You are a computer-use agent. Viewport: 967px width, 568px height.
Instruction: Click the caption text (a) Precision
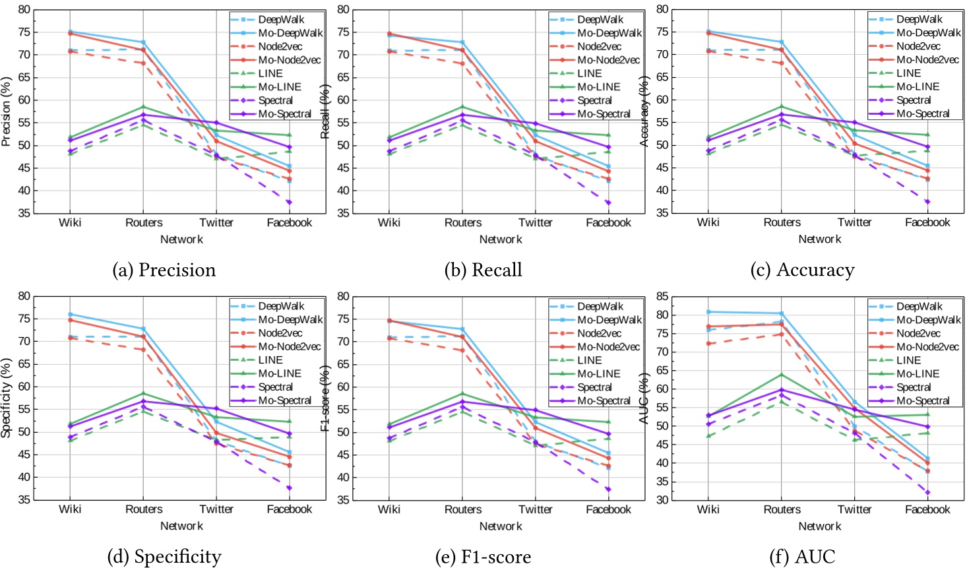(x=164, y=270)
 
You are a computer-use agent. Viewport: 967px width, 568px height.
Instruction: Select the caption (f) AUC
(x=802, y=557)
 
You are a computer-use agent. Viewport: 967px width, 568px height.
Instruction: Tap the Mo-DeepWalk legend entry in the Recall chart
(x=609, y=33)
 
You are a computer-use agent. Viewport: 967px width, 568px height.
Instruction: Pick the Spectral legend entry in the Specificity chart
(x=275, y=387)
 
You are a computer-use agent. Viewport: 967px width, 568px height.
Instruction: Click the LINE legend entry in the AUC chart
(x=908, y=360)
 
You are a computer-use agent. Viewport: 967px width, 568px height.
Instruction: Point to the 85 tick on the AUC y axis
(x=661, y=296)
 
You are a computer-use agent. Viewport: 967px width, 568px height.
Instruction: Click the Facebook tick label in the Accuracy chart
(x=927, y=222)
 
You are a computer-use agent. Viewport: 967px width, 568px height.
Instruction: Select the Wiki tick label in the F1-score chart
(x=389, y=509)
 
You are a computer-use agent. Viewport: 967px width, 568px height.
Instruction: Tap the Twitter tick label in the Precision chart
(x=216, y=222)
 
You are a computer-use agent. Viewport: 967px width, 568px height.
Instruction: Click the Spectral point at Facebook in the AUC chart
(x=927, y=492)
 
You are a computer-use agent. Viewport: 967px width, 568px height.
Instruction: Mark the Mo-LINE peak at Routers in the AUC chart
(x=782, y=375)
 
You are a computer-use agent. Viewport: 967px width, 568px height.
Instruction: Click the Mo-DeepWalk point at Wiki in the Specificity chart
(x=70, y=314)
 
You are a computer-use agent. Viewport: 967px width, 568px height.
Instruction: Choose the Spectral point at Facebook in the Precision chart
(x=289, y=203)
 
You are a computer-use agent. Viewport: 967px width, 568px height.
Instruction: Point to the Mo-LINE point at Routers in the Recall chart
(x=462, y=107)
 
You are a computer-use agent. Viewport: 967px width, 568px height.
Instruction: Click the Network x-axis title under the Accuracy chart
(x=819, y=239)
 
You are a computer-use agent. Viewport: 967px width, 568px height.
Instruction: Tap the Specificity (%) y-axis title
(x=7, y=398)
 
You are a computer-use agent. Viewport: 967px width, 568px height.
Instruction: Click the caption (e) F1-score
(x=483, y=557)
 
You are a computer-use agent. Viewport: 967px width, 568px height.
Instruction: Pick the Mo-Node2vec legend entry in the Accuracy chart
(x=927, y=59)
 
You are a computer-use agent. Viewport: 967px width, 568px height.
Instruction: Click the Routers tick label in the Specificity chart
(x=144, y=509)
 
